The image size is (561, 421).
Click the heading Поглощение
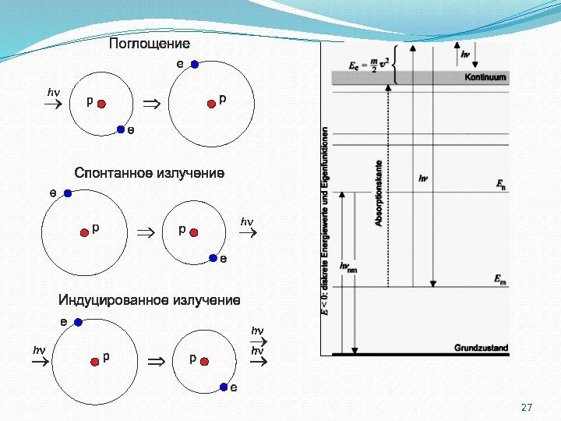pos(149,44)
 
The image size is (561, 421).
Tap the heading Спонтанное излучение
pos(149,172)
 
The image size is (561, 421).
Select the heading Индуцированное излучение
pos(150,300)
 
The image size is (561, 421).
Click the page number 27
pos(526,408)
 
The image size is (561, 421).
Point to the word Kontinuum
pos(485,77)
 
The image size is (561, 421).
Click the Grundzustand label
pos(481,348)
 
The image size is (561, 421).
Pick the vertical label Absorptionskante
pos(379,193)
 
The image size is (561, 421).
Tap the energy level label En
pos(500,185)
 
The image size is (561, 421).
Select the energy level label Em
pos(500,278)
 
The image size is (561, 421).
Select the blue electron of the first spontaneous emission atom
pos(68,193)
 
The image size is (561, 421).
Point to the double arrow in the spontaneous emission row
pos(145,232)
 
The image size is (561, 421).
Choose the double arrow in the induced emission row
pos(157,361)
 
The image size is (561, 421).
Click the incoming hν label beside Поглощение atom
pos(53,93)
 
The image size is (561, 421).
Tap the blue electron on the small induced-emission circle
pos(224,386)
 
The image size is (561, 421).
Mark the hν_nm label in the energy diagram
pos(348,267)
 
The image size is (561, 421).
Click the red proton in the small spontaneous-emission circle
pos(194,232)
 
